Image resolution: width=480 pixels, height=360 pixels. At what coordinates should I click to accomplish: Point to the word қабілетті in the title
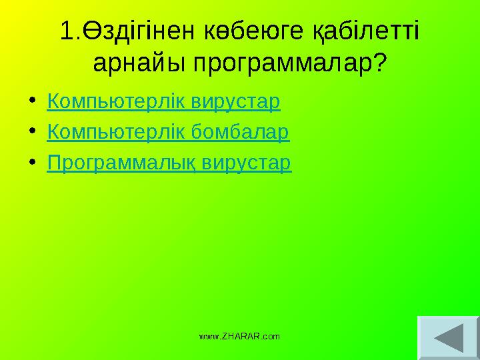[x=365, y=31]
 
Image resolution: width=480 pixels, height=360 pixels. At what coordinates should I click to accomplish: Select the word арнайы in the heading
[x=139, y=64]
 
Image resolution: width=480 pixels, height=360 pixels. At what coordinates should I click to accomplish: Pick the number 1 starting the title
[x=66, y=31]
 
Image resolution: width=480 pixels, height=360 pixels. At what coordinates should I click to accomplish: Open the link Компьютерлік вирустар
[x=164, y=103]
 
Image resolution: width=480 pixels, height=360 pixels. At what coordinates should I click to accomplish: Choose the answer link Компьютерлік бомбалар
[x=168, y=133]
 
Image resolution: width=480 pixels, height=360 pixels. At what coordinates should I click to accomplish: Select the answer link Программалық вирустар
[x=169, y=163]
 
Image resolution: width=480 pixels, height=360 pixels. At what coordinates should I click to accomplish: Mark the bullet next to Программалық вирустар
[x=34, y=164]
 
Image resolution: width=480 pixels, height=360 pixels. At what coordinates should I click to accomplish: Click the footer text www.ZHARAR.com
[x=240, y=337]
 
